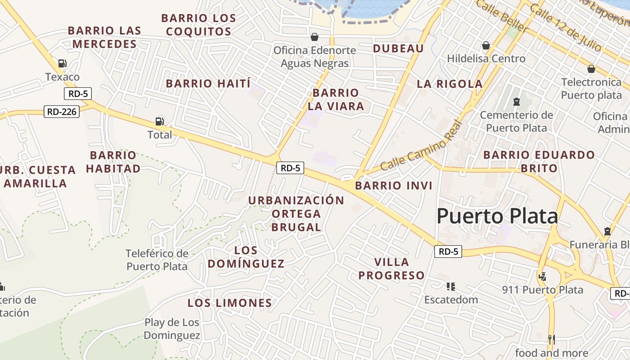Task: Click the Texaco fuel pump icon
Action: (x=62, y=63)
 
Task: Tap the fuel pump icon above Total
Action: (x=159, y=121)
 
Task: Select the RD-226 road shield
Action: (x=62, y=111)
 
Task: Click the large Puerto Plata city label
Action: (x=497, y=216)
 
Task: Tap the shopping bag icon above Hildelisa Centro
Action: (x=486, y=45)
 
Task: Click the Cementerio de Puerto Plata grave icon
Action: (x=516, y=102)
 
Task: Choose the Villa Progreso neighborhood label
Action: (x=391, y=269)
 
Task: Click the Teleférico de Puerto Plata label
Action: (x=157, y=260)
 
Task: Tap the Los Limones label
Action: (x=229, y=303)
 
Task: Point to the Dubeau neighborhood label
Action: (x=398, y=49)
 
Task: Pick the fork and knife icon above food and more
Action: (x=551, y=339)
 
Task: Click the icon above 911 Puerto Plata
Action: (x=543, y=276)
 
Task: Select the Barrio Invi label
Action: (x=393, y=185)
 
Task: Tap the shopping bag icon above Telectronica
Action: (x=591, y=69)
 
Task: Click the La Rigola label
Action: (x=450, y=84)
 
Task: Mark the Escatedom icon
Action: (x=450, y=286)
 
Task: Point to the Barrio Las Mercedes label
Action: (x=104, y=37)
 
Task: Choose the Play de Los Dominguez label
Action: (x=172, y=329)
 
